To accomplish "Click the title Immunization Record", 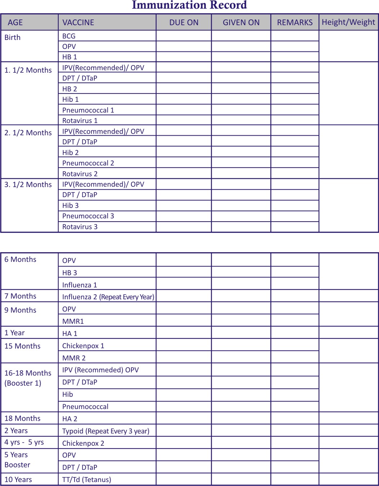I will tap(189, 5).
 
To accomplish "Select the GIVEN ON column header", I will tap(241, 22).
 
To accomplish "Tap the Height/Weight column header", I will tap(348, 22).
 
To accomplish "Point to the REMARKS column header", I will tap(294, 22).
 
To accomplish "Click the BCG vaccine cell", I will tap(69, 36).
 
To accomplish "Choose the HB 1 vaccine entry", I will tap(69, 57).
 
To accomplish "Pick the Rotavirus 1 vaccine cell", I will tap(80, 121).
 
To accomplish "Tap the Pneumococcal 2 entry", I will tap(88, 163).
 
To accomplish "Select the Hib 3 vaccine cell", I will tap(70, 205).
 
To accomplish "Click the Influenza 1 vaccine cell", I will tap(80, 285).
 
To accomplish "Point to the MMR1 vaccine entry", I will tap(73, 321).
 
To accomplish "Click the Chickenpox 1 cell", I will tap(83, 346).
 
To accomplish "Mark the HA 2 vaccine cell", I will tap(70, 419).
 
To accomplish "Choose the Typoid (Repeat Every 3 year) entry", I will tap(105, 431).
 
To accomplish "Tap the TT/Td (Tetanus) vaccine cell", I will tap(87, 480).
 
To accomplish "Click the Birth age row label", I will tap(13, 37).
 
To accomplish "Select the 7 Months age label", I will tap(20, 296).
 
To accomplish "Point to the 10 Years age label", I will tap(18, 480).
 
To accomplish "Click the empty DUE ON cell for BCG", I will tap(184, 36).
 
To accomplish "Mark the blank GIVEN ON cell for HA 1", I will tap(241, 333).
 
